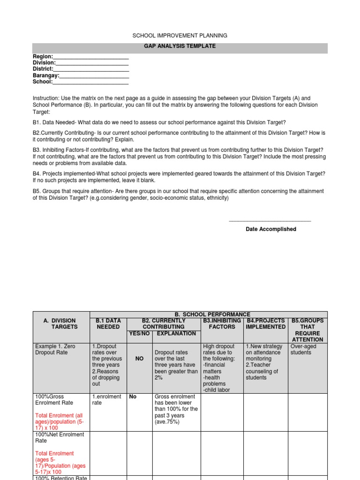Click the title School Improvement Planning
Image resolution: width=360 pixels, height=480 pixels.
tap(180, 35)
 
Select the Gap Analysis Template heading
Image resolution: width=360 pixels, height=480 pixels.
tap(180, 46)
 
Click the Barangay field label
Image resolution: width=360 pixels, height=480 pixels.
tap(45, 75)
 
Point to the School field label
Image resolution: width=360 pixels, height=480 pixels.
tap(42, 82)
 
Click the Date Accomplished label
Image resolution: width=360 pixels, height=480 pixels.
tap(271, 229)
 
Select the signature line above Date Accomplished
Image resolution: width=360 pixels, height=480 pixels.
tap(270, 221)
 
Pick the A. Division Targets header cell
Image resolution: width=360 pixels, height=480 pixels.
tap(60, 323)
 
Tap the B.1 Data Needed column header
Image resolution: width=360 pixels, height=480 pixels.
tap(108, 323)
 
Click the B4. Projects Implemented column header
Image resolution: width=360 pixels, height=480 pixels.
tap(265, 323)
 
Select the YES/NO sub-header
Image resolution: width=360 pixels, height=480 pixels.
tap(139, 333)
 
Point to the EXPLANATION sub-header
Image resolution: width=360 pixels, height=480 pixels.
tap(176, 333)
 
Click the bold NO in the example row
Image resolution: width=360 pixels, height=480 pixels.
tap(139, 359)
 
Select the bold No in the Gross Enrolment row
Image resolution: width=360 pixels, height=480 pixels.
tap(133, 397)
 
